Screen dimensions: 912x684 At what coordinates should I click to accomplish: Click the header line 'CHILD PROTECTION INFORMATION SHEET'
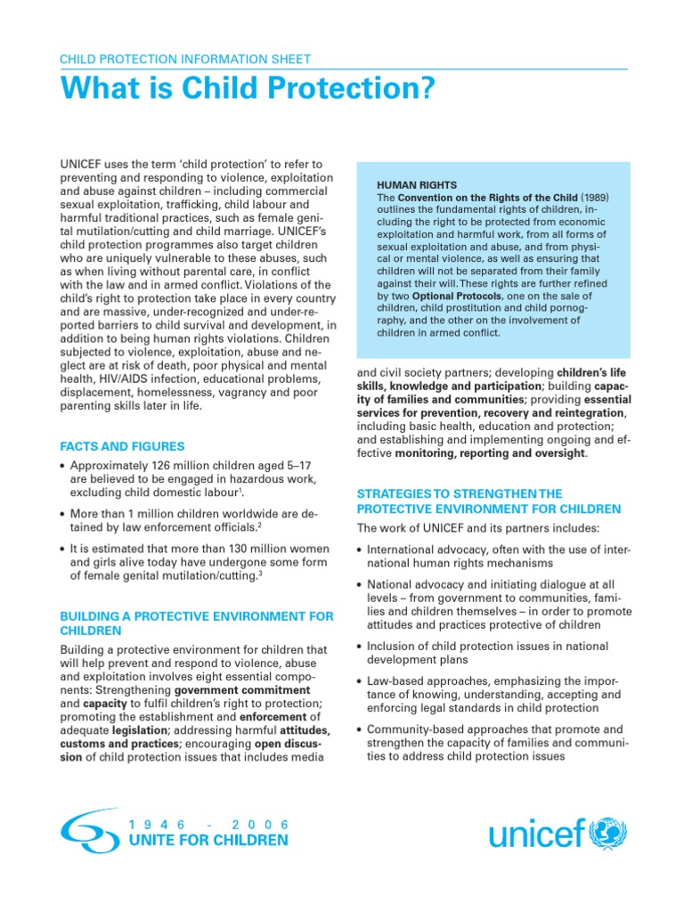tap(184, 60)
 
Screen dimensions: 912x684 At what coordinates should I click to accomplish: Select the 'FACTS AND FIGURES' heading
tap(122, 446)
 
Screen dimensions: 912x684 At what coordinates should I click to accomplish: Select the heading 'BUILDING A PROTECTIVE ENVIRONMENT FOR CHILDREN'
tap(196, 623)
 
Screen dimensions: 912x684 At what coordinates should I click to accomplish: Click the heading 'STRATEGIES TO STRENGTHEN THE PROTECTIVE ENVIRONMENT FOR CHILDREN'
tap(489, 501)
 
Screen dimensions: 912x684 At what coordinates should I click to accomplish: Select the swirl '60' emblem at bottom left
tap(89, 831)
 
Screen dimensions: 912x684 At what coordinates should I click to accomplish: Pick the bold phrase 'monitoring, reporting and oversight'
tap(491, 453)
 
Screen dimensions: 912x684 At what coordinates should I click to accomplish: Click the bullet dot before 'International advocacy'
tap(360, 550)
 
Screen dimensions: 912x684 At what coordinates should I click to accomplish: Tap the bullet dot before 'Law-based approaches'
tap(360, 681)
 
